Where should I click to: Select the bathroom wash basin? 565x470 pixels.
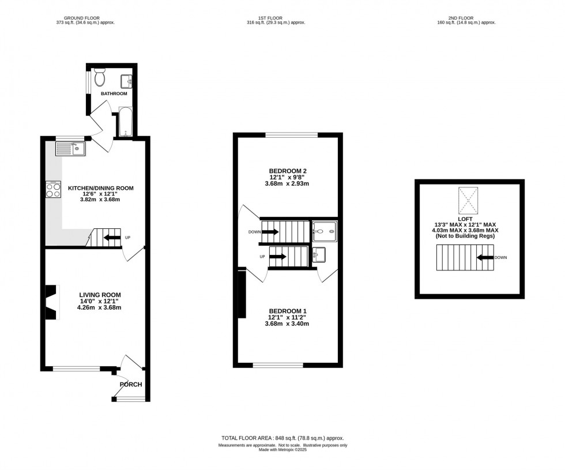(127, 81)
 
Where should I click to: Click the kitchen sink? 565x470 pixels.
(70, 149)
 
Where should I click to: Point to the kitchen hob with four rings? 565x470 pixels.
(54, 190)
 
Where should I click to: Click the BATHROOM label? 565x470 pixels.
(114, 93)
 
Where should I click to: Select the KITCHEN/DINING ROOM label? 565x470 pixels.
(101, 188)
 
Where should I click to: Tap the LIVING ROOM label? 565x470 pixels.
(100, 295)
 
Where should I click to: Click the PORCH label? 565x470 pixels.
(131, 385)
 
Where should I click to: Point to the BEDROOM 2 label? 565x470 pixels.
(287, 171)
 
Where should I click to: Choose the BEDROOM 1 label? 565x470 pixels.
(287, 311)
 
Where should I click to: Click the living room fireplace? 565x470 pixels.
(52, 302)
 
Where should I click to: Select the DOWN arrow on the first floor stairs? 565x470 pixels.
(271, 232)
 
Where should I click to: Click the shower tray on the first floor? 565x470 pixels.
(325, 232)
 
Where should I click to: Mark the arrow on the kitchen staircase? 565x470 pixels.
(112, 237)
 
